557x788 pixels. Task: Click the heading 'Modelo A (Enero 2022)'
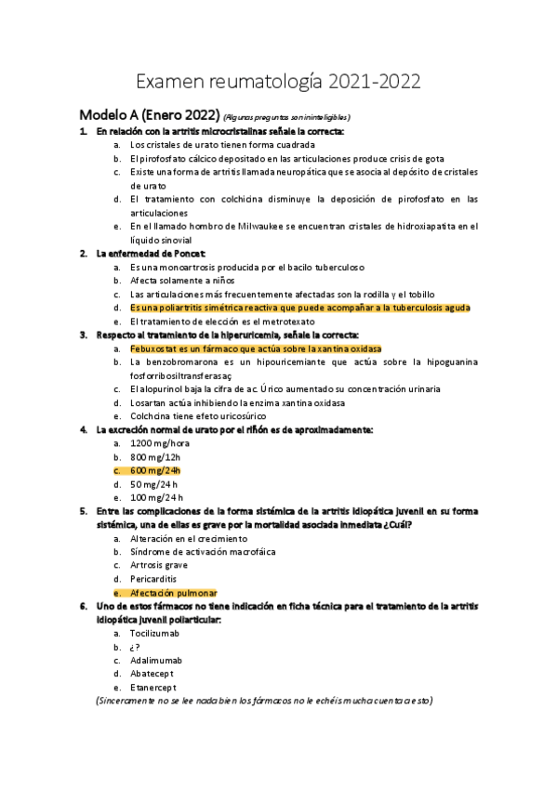(x=149, y=115)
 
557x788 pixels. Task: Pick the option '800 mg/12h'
(x=158, y=456)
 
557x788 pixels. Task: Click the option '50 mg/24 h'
(x=155, y=484)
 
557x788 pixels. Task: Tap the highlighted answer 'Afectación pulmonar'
(x=173, y=592)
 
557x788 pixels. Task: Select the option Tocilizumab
(x=154, y=633)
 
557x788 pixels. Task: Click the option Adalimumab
(x=156, y=660)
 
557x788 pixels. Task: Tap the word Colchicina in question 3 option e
(x=153, y=416)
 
